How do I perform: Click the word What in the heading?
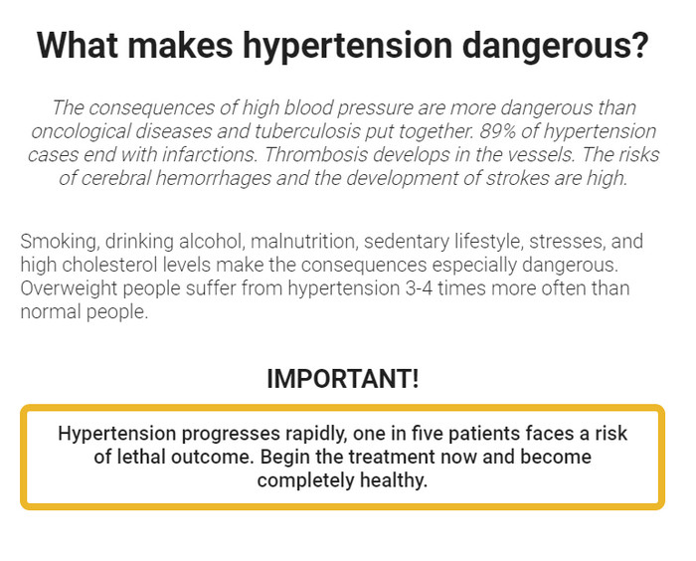point(79,45)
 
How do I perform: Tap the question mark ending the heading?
point(639,45)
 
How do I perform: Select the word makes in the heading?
point(180,45)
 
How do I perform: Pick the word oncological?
point(81,132)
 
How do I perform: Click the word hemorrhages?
point(214,179)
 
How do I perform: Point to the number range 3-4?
point(419,288)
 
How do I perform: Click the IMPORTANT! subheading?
point(343,379)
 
